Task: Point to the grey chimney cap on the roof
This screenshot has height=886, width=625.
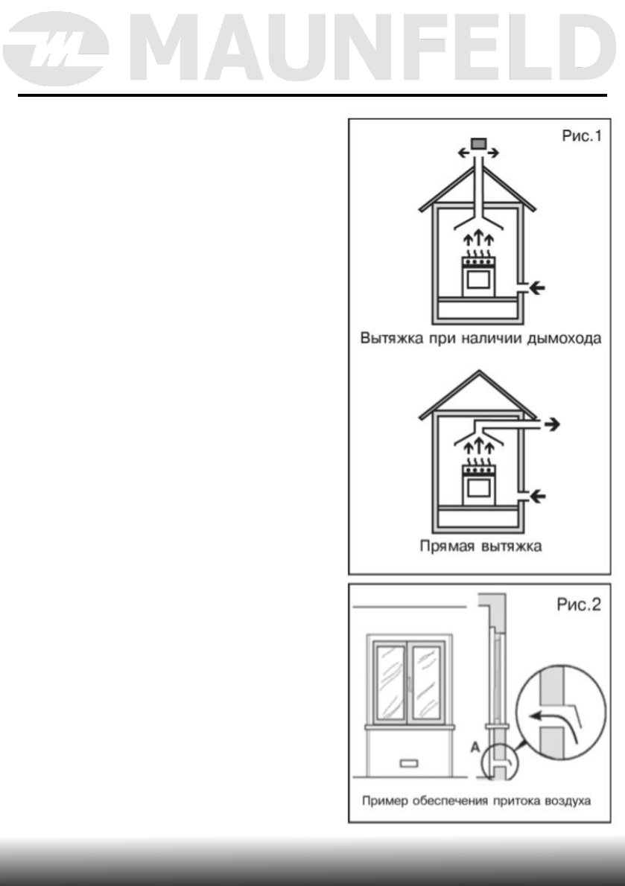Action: (478, 143)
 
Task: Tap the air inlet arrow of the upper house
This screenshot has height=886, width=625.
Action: (535, 287)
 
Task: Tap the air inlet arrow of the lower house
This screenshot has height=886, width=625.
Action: (535, 494)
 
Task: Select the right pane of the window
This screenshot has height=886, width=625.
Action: (427, 681)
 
